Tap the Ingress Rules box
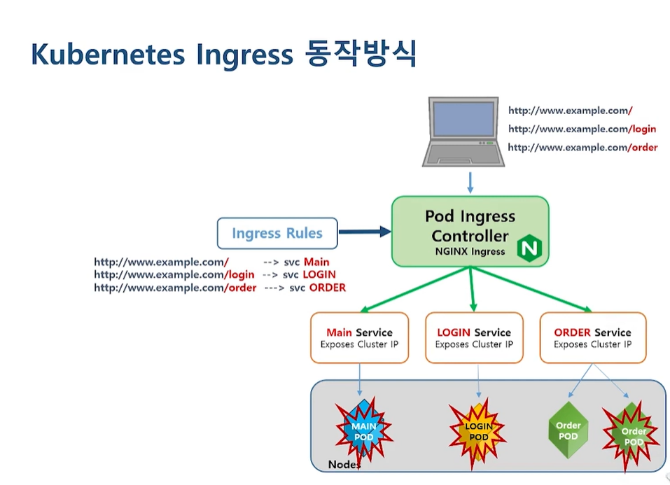click(277, 233)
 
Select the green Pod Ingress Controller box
click(470, 231)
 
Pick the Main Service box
click(359, 337)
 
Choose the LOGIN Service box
click(474, 337)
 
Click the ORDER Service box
click(592, 337)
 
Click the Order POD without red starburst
click(568, 431)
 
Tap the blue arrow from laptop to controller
click(470, 182)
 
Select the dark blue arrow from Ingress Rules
click(364, 232)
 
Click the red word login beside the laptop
click(643, 129)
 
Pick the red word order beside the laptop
click(643, 148)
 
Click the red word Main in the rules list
click(316, 262)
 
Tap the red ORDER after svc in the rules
click(327, 288)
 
